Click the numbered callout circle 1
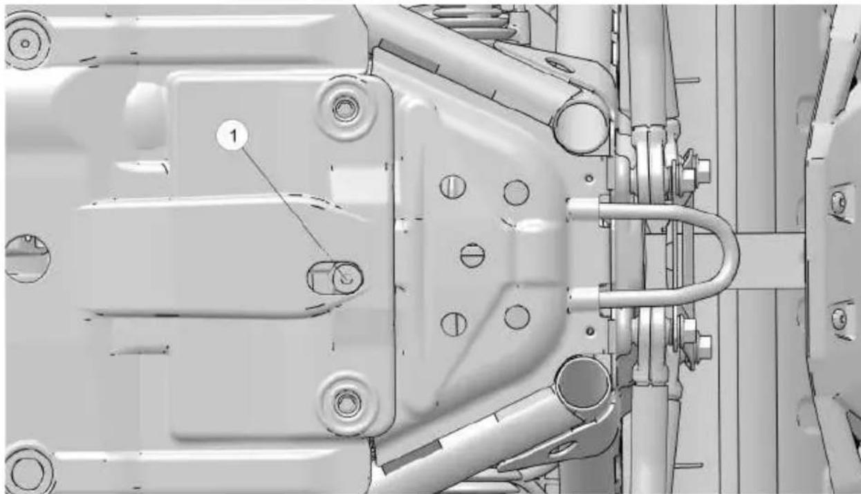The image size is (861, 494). point(233,135)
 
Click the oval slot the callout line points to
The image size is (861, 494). point(335,278)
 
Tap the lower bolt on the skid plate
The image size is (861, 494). point(346,403)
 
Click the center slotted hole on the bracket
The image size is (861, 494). point(472,256)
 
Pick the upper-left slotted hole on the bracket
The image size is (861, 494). point(453,187)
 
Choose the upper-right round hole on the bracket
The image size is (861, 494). point(516,192)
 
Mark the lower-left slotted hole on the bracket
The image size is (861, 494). point(454,324)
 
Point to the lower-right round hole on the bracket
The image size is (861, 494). point(517,317)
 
